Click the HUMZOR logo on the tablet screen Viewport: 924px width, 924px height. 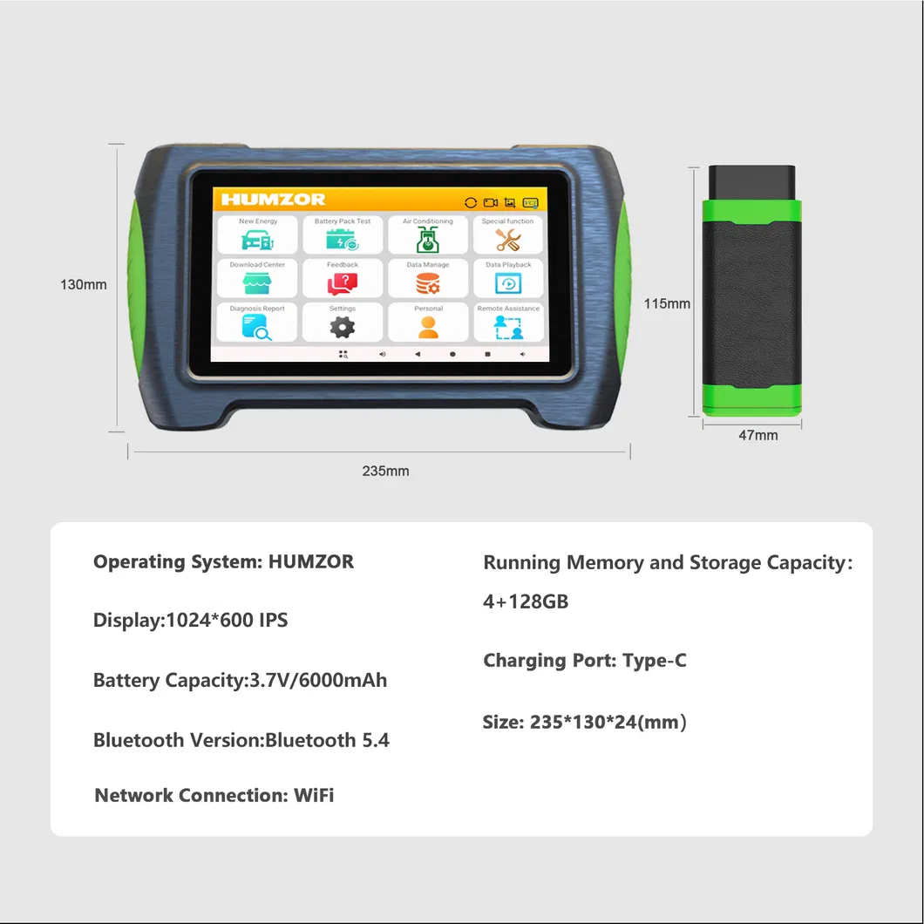pos(273,199)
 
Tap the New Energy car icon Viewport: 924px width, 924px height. pos(257,240)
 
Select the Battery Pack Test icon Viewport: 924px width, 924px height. pos(343,240)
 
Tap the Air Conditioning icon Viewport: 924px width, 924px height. pos(428,239)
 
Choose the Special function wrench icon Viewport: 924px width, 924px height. pos(507,240)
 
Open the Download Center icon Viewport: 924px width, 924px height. pos(257,283)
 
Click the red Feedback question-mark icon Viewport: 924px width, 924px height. pos(343,284)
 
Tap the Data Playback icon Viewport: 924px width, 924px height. pos(508,284)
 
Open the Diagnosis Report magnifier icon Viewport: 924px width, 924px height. pos(257,328)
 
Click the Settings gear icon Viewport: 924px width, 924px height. pos(343,328)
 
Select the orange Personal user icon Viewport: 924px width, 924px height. pos(428,328)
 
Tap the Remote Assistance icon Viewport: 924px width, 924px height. pos(508,328)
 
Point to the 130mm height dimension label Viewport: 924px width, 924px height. pos(84,285)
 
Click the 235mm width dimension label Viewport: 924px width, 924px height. pos(385,471)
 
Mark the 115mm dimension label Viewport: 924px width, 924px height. pos(667,303)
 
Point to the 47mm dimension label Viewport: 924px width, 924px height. pos(758,435)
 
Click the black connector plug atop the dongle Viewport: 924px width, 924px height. pos(751,183)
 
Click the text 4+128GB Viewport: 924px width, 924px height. pos(526,601)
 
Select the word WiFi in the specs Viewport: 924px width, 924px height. pos(314,795)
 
